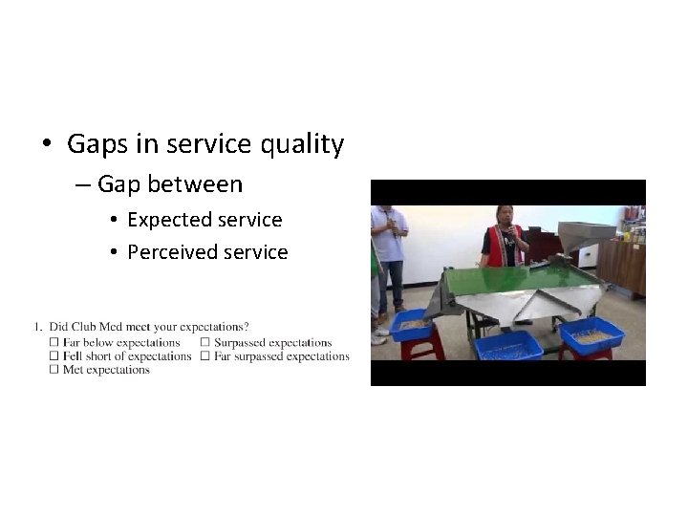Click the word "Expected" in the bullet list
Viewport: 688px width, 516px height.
point(168,220)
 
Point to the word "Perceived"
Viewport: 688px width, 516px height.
point(172,252)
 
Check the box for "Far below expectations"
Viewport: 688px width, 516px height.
point(54,342)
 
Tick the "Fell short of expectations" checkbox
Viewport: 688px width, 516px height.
point(54,356)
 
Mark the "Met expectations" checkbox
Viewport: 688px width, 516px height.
point(54,370)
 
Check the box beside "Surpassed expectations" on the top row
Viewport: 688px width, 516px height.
point(205,342)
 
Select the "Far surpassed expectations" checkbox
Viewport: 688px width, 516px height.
point(205,356)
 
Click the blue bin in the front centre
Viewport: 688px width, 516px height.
point(509,344)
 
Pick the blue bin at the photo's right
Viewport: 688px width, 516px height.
point(591,335)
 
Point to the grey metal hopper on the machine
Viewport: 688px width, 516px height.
point(585,234)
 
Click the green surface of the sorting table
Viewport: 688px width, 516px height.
point(497,278)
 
